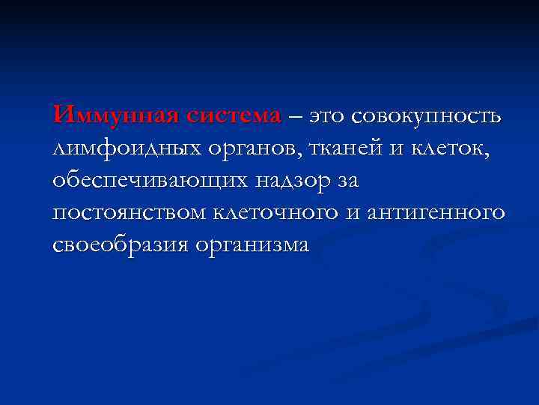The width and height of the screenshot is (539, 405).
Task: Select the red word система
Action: click(x=233, y=116)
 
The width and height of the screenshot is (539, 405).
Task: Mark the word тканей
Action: click(x=345, y=149)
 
